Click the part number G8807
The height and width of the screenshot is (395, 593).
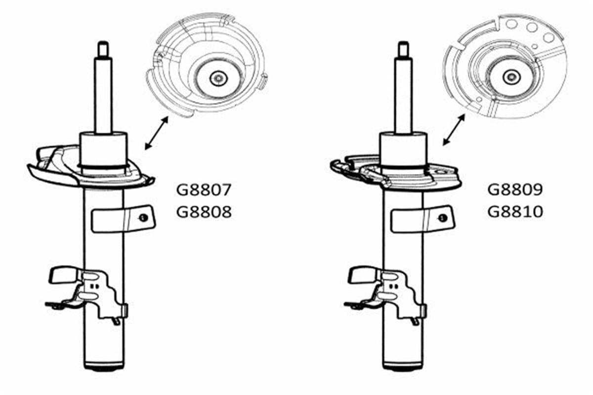click(204, 190)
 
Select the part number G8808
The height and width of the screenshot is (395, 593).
click(204, 212)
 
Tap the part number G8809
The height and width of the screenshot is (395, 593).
click(515, 190)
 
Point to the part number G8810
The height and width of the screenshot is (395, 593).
click(515, 212)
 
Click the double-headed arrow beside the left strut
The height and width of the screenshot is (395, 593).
click(157, 133)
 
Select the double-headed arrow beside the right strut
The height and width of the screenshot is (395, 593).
click(454, 130)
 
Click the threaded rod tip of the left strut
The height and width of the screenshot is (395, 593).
click(103, 48)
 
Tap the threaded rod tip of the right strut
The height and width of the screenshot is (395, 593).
click(403, 49)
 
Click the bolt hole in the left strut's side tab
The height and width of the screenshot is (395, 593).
click(143, 218)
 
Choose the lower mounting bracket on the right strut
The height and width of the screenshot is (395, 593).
click(386, 294)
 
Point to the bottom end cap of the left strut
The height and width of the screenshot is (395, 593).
click(103, 367)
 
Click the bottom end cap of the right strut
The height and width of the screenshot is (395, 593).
click(403, 367)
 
